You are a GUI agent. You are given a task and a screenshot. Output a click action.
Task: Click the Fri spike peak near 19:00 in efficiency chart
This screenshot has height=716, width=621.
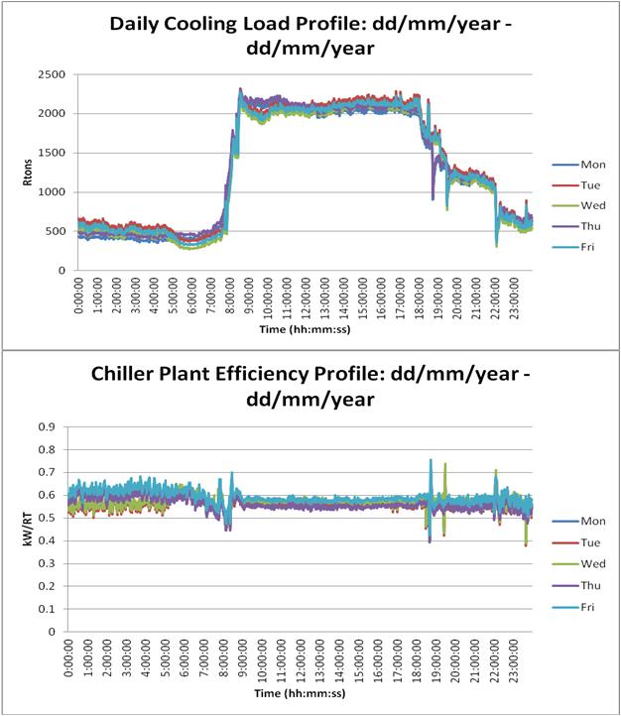pyautogui.click(x=431, y=460)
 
